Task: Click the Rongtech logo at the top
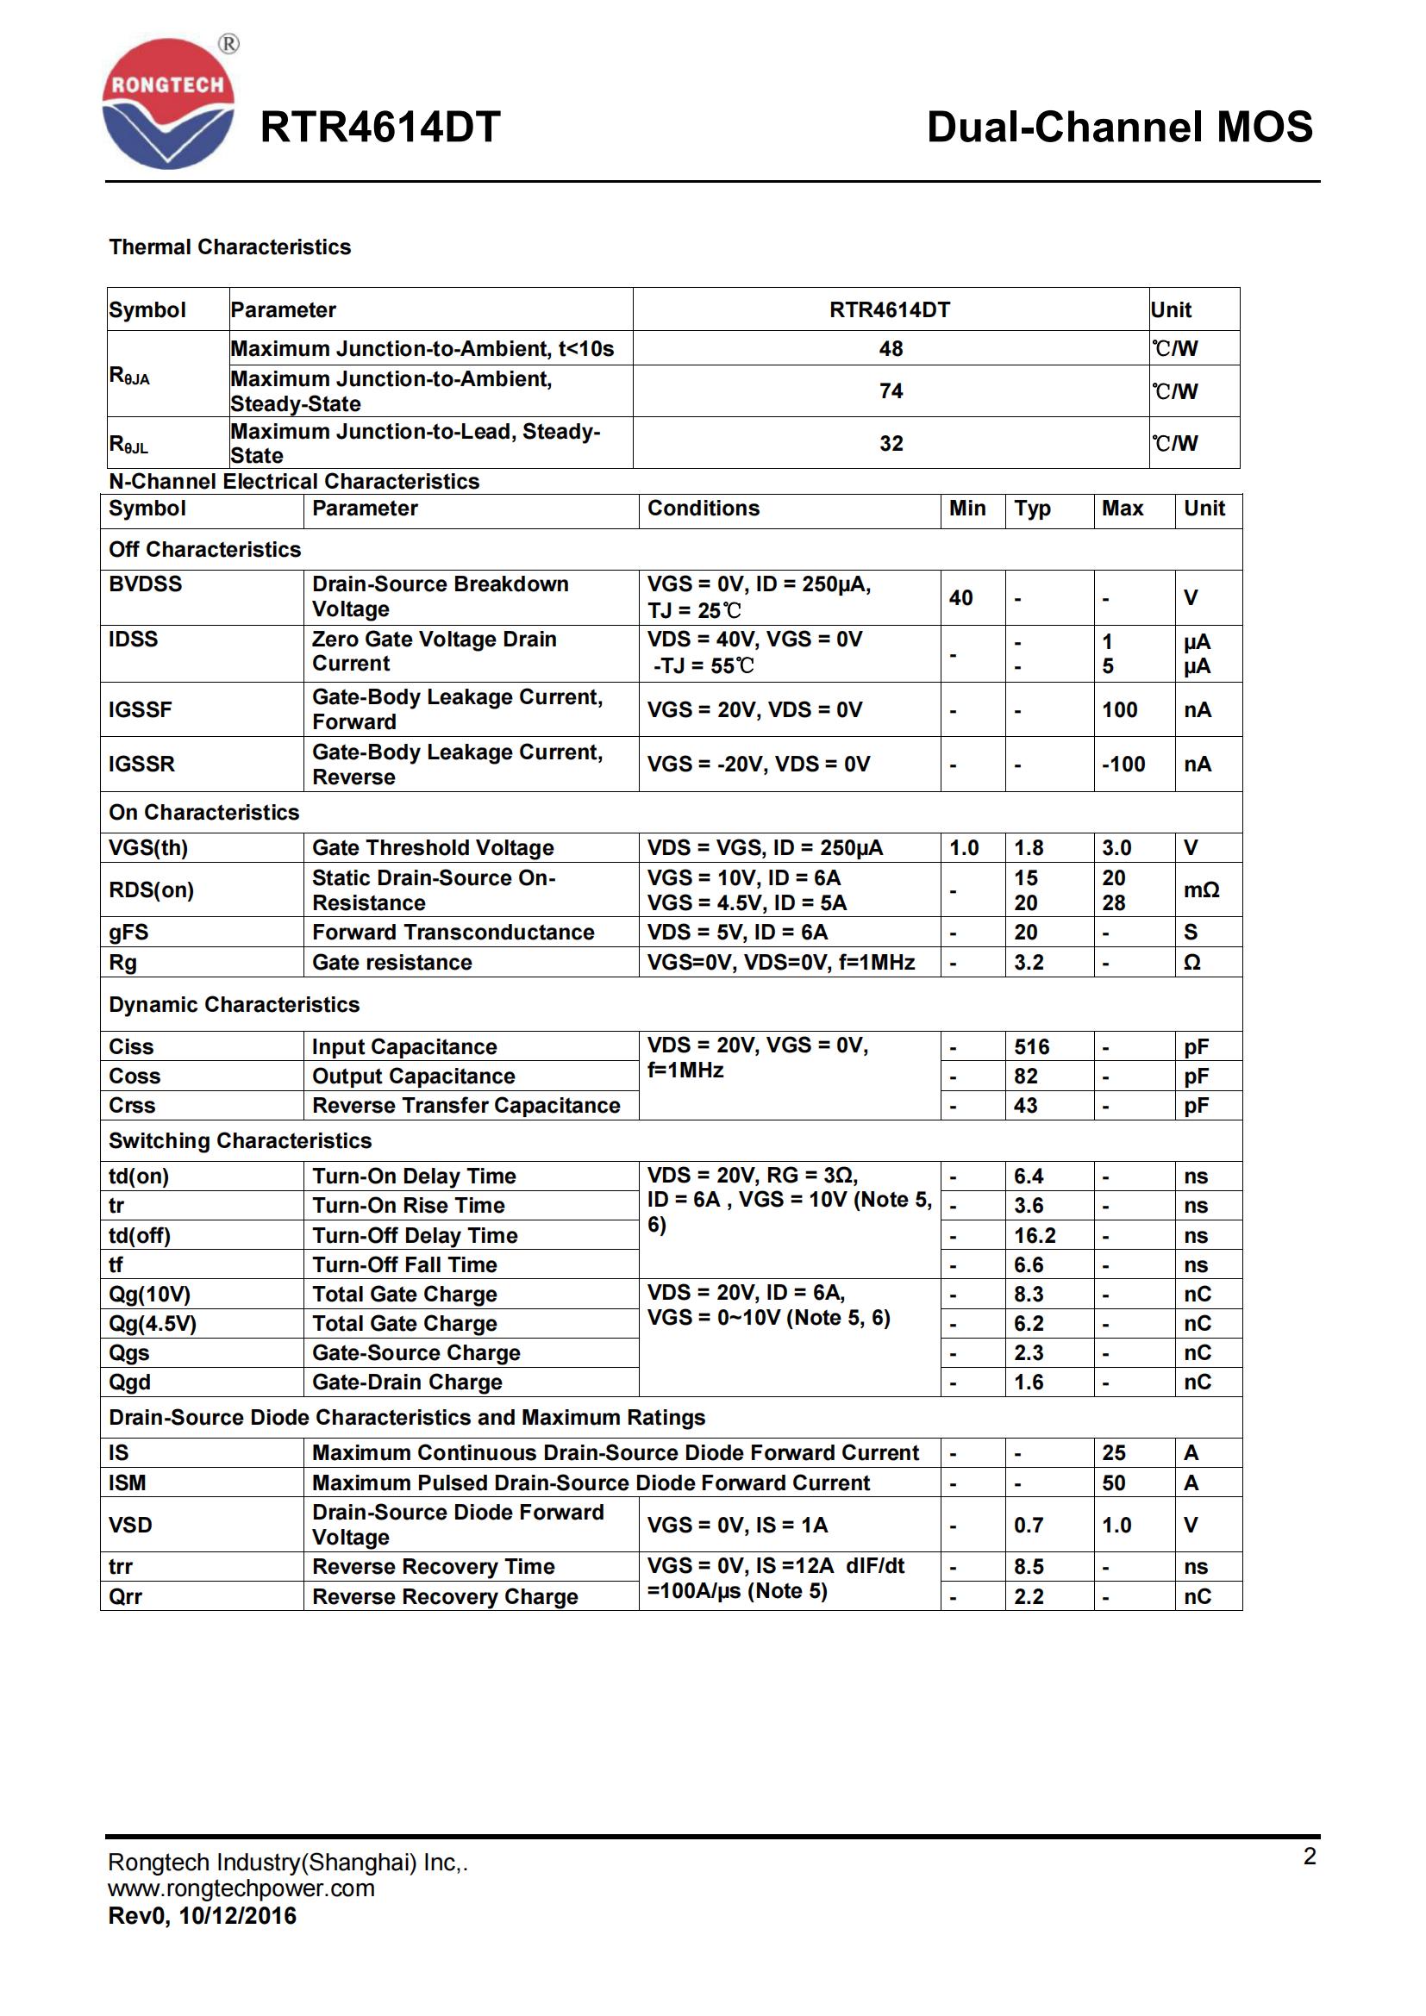[169, 103]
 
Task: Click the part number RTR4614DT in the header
[380, 128]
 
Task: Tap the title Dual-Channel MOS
[1120, 128]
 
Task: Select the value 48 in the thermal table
[891, 348]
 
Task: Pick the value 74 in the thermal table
[891, 390]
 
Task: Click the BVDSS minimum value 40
[960, 598]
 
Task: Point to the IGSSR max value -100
[1123, 764]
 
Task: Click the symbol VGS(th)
[148, 847]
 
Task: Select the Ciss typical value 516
[1032, 1046]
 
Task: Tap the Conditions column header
[704, 509]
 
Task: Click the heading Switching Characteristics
[240, 1140]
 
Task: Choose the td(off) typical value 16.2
[1035, 1235]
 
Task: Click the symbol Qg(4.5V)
[153, 1323]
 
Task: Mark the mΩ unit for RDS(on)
[1201, 890]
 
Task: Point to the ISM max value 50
[1113, 1483]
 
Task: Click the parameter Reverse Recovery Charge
[445, 1596]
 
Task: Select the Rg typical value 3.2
[1029, 963]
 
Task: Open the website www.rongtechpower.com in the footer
[241, 1888]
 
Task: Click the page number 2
[1310, 1857]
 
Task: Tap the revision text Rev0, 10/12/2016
[202, 1916]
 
